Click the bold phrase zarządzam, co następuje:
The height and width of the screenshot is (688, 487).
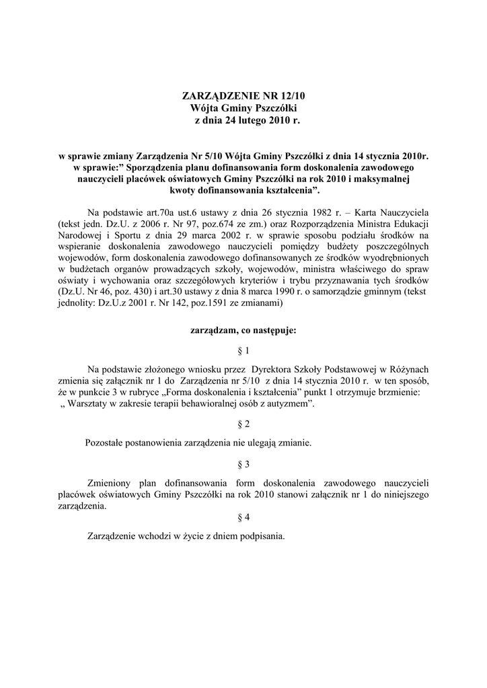243,331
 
